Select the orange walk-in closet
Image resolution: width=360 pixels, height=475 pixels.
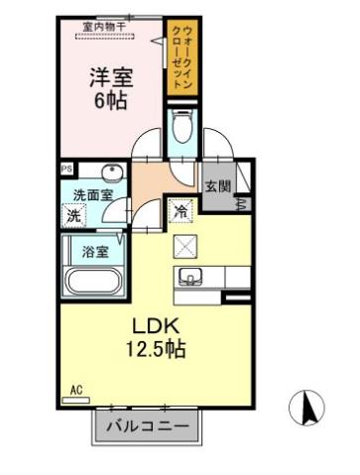[180, 58]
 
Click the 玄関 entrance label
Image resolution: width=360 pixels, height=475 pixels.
[218, 185]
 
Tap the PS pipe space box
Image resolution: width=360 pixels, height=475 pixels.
[66, 170]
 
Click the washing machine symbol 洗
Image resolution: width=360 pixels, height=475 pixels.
[74, 215]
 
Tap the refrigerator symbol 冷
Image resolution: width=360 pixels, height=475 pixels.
[180, 210]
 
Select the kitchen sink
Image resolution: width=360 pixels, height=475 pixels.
[192, 276]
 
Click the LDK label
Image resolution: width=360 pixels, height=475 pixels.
[155, 326]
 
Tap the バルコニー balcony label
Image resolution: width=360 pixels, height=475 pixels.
[153, 426]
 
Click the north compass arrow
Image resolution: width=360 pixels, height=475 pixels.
[306, 406]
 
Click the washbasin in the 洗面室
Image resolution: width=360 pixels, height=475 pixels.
[112, 171]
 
